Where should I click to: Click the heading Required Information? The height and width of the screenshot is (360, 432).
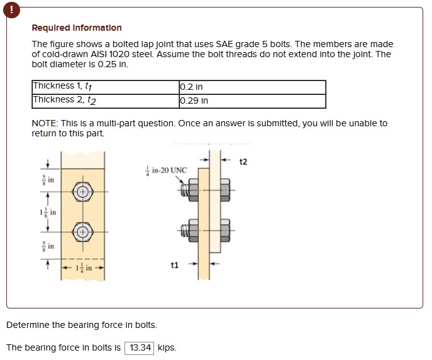pos(77,28)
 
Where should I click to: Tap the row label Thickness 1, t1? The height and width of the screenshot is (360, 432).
pos(66,87)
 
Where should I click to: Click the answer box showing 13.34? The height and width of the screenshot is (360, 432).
pos(140,347)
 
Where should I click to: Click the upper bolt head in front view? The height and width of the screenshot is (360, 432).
pos(82,191)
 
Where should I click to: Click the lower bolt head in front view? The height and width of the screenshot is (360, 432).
pos(82,232)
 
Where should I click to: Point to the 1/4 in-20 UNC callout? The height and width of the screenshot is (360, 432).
pos(163,170)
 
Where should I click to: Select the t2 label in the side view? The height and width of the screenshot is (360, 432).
pos(244,162)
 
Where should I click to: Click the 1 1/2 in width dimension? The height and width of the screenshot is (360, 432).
pos(82,269)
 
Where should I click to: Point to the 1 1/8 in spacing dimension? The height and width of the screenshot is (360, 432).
pos(50,212)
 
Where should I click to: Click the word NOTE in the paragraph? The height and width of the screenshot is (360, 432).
pos(43,123)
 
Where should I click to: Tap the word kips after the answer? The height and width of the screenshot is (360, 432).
pos(167,347)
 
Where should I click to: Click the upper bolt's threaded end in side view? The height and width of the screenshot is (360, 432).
pos(184,188)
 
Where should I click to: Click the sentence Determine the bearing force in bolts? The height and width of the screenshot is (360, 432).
pos(82,325)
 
